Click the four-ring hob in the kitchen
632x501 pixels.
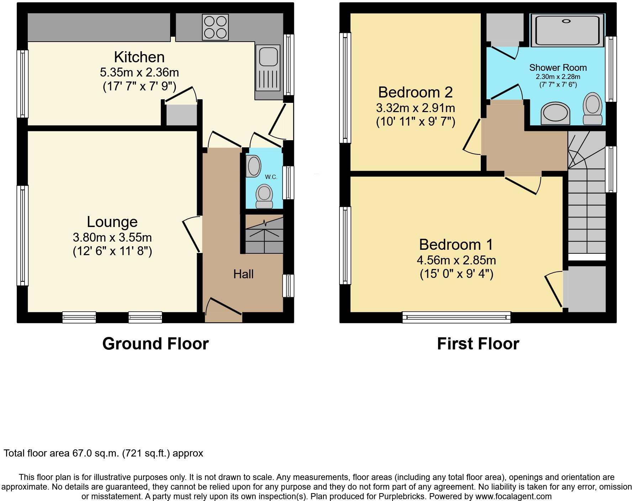click(215, 27)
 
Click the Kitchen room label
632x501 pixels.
click(139, 57)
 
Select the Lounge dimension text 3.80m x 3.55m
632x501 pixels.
click(112, 237)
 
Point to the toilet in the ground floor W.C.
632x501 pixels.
click(264, 196)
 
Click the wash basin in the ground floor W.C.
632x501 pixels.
click(254, 167)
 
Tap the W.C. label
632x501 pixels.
click(271, 177)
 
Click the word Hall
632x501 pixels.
click(243, 274)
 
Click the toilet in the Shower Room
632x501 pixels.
click(592, 108)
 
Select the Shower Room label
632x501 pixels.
click(558, 68)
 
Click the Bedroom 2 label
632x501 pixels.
click(415, 92)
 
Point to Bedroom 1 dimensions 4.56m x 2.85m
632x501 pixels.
click(456, 260)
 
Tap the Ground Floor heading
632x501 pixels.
click(156, 344)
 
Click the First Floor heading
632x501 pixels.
click(478, 344)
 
